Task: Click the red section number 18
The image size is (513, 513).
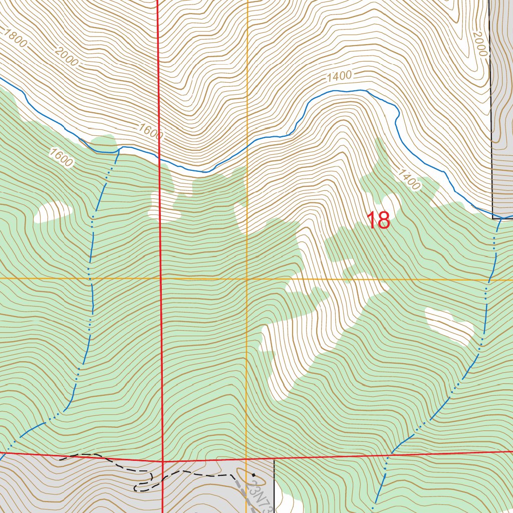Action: click(378, 220)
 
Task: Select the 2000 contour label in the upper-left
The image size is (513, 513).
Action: click(67, 57)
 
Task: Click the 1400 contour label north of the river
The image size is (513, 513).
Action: click(339, 77)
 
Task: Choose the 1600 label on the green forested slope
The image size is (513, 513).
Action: click(61, 157)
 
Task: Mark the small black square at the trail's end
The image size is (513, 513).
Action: click(254, 474)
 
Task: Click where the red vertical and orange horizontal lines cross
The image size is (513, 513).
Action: click(161, 278)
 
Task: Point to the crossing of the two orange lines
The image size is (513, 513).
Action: click(247, 278)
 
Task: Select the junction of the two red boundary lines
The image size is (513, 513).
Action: click(163, 460)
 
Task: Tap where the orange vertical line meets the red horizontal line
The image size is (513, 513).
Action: click(247, 458)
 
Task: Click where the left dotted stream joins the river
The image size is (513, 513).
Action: click(119, 148)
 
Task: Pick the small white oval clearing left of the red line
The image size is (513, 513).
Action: click(53, 212)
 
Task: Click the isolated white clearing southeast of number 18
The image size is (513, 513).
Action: click(449, 326)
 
